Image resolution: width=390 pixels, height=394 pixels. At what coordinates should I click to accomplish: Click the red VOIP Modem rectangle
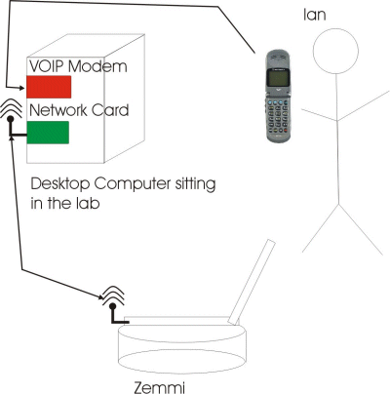coord(49,87)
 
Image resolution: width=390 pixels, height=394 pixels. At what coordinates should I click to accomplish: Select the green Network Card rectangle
coord(48,133)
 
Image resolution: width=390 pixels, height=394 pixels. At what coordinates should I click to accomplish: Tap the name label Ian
coord(314,15)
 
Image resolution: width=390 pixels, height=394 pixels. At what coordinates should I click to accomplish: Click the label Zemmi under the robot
coord(159,388)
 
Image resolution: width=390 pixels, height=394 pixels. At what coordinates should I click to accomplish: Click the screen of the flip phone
coord(278,77)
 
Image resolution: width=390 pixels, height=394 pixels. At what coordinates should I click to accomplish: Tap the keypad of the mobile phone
coord(278,116)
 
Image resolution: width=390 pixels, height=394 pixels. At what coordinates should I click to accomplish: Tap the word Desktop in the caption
coord(59,184)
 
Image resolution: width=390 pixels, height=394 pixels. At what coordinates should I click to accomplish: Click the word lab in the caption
coord(87,203)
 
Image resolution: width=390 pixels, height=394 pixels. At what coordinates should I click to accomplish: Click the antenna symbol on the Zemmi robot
coord(113,304)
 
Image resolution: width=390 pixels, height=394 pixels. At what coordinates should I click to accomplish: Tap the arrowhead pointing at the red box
coord(22,88)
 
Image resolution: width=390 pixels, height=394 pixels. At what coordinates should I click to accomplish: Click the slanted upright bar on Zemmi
coord(252,282)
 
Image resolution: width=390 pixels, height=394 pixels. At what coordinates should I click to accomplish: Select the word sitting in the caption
coord(195,184)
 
